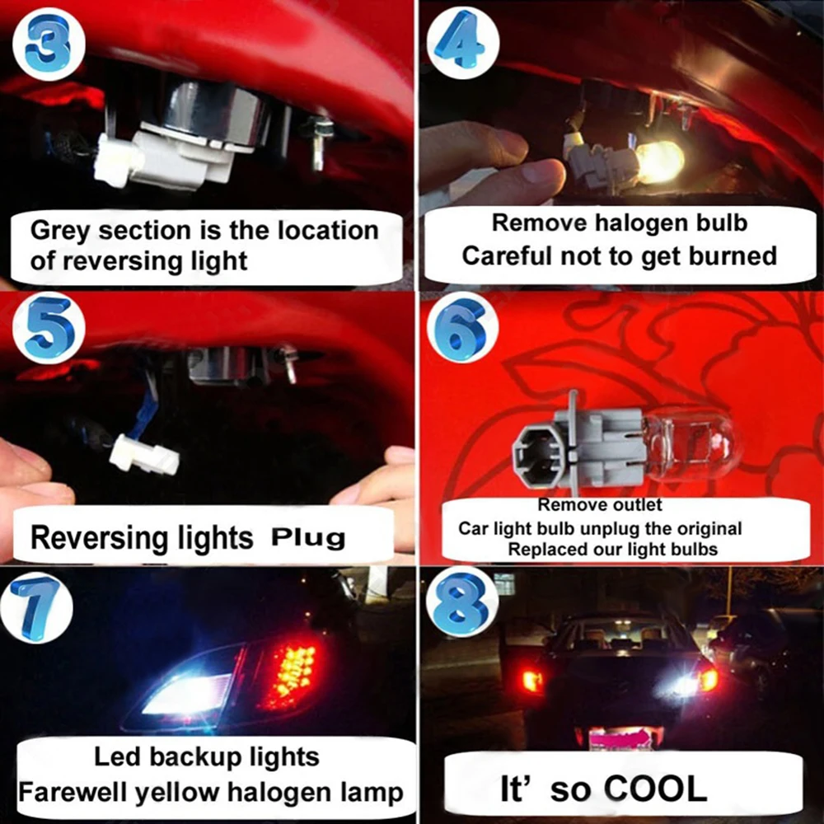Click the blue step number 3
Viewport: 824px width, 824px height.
click(x=47, y=42)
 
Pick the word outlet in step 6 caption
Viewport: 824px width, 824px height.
click(x=638, y=504)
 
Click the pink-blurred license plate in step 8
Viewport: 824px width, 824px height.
click(x=621, y=735)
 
